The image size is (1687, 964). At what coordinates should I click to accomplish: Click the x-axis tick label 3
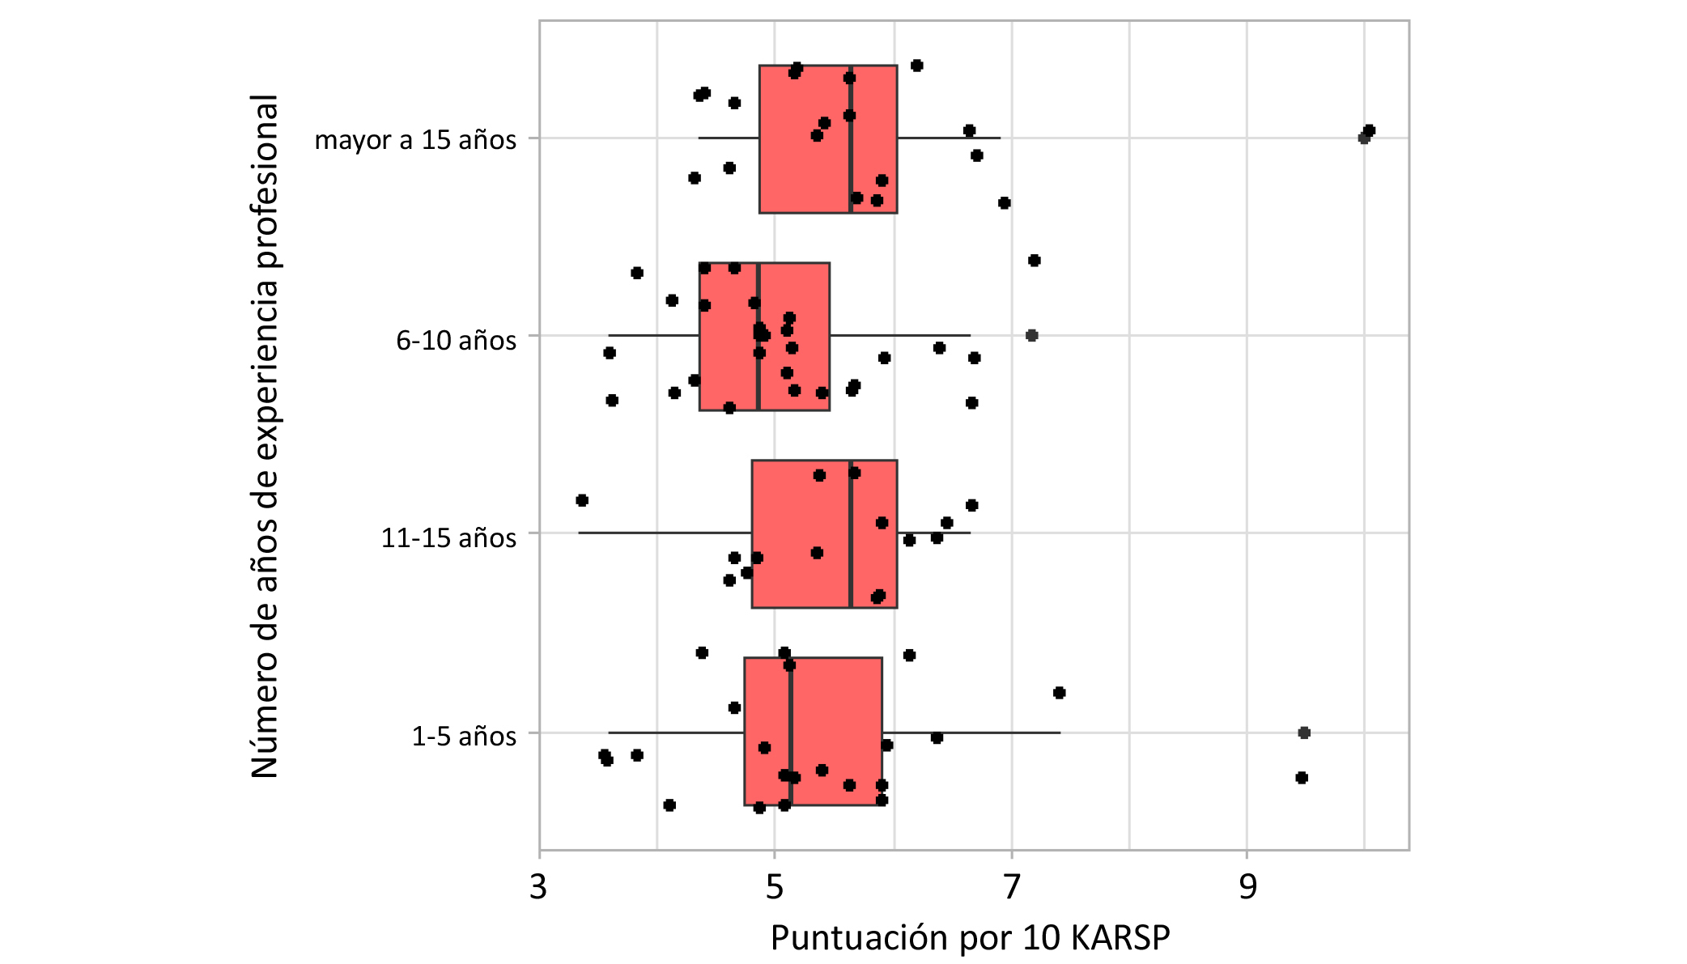538,887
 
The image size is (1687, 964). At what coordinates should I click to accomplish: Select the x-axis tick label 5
775,887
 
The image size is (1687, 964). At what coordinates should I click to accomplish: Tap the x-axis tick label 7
1012,887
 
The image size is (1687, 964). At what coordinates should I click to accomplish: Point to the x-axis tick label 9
1248,887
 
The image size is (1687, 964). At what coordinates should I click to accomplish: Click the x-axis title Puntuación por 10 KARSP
970,938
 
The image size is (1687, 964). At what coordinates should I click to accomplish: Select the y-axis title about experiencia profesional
265,437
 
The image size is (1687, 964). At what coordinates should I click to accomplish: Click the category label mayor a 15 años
415,139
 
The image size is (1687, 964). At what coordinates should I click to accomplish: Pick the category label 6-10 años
456,340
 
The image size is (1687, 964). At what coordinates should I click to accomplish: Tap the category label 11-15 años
448,537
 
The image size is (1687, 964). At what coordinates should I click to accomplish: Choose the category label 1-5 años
464,736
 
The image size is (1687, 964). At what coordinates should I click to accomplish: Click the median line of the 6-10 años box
758,372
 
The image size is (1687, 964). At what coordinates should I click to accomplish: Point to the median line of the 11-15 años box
851,567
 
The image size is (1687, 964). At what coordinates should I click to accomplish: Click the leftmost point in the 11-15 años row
582,500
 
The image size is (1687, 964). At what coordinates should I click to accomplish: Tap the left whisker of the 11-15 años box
664,533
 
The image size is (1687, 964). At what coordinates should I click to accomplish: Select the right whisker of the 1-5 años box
971,733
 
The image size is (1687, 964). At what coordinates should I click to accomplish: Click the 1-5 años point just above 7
1060,693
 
